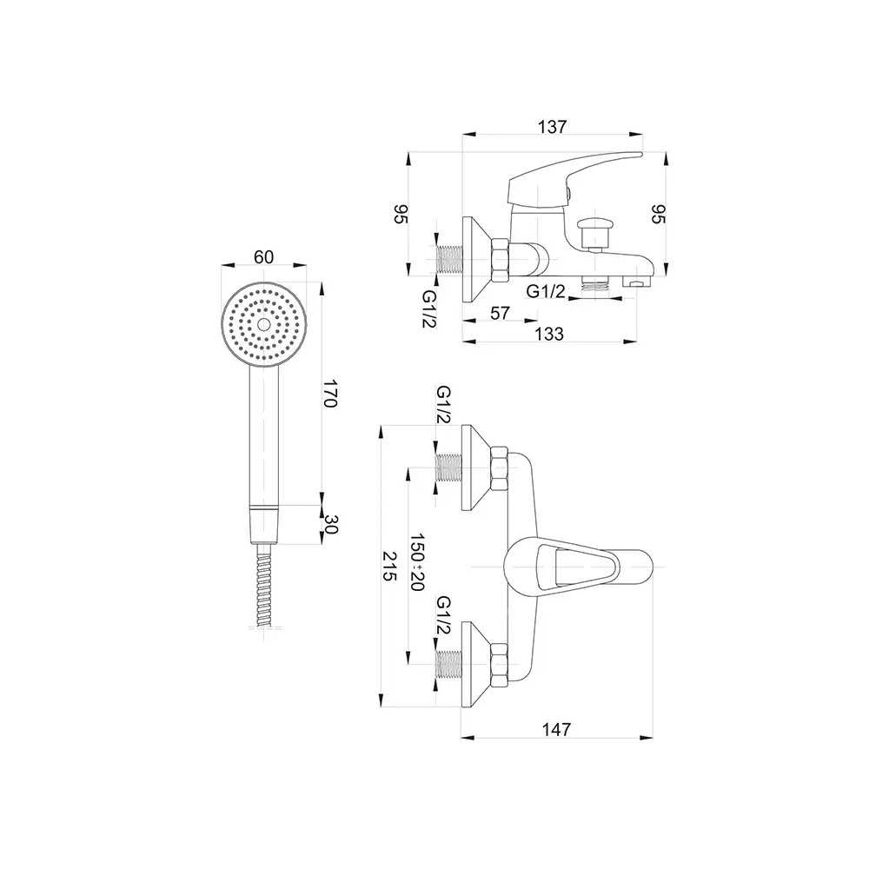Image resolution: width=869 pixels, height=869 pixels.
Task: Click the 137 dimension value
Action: tap(552, 127)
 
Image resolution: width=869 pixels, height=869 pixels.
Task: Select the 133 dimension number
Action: tap(548, 335)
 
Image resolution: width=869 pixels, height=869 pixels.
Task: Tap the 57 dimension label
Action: tap(500, 313)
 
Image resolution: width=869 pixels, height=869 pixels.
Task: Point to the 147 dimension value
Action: tap(555, 729)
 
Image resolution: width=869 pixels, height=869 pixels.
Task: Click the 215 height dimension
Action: tap(390, 566)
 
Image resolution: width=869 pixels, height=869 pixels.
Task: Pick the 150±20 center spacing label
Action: tap(416, 562)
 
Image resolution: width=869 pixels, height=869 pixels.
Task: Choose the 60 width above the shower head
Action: tap(264, 257)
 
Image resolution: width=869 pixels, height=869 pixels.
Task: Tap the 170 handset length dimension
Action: tap(330, 393)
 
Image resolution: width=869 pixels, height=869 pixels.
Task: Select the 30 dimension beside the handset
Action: tap(330, 524)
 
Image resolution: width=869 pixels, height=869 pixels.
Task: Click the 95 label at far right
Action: tap(658, 214)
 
